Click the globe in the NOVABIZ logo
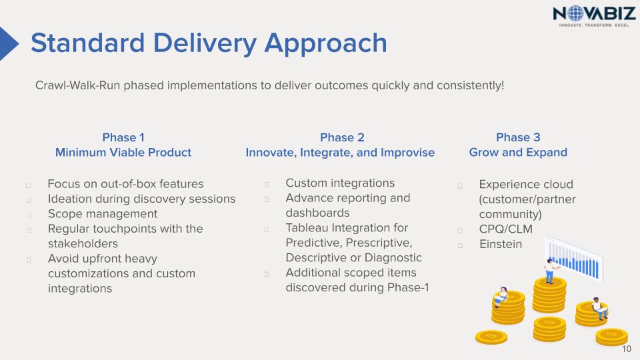[x=575, y=13]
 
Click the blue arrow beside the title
[x=9, y=44]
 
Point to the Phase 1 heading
[x=123, y=137]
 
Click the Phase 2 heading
[x=342, y=137]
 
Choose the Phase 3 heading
[x=518, y=137]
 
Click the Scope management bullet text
[x=103, y=214]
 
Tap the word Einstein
[x=501, y=244]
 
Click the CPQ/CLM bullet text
[x=506, y=229]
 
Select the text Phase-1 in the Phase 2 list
[x=408, y=287]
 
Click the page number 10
[x=626, y=349]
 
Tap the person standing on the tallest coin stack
[x=551, y=271]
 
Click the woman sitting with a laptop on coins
[x=501, y=297]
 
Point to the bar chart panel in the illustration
[x=574, y=259]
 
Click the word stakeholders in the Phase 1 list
[x=83, y=244]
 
